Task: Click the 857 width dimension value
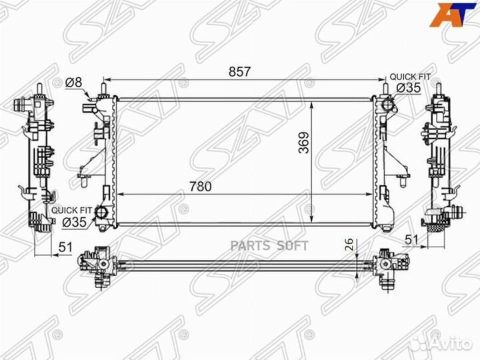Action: click(x=240, y=71)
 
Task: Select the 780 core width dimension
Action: click(x=201, y=187)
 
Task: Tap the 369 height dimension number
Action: click(x=304, y=143)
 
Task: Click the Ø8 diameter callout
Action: click(x=74, y=83)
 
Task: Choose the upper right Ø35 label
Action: click(x=409, y=88)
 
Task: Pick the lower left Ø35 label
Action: click(x=75, y=222)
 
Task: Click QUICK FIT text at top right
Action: click(x=410, y=77)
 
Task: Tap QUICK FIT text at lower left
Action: click(x=71, y=211)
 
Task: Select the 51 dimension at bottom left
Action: click(x=65, y=247)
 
